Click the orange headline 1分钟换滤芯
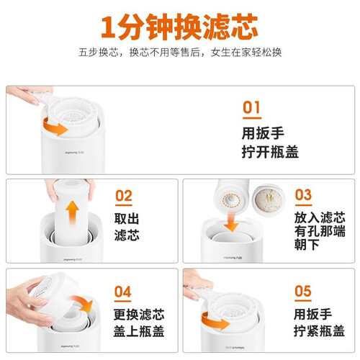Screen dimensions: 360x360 [179, 27]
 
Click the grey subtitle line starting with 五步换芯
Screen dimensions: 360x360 [180, 53]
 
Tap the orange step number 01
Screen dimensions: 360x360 [251, 107]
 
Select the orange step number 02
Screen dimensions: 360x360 [124, 196]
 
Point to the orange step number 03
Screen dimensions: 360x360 [303, 194]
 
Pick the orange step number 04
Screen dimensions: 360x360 [123, 292]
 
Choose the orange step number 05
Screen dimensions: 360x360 [303, 291]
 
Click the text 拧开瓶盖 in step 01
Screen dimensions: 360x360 [270, 152]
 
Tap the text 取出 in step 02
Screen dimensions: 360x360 [127, 218]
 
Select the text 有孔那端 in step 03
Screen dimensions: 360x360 [320, 231]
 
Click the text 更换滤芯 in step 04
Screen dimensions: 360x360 [139, 315]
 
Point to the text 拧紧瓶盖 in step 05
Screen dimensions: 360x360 [320, 330]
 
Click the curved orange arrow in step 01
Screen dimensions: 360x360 [54, 127]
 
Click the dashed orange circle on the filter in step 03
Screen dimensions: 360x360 [231, 199]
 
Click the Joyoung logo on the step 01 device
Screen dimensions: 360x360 [74, 153]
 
